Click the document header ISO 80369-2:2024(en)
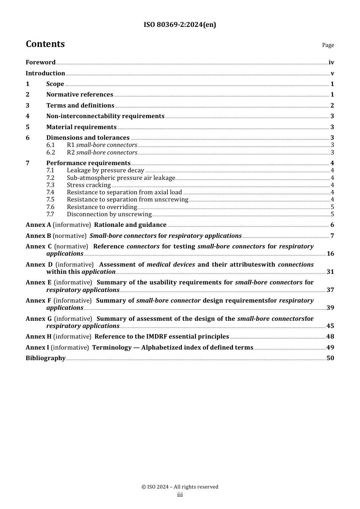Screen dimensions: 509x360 point(180,25)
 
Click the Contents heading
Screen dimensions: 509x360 point(45,44)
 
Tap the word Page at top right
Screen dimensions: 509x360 point(328,45)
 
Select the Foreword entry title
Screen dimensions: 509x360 point(41,62)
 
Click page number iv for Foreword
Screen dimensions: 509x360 point(331,62)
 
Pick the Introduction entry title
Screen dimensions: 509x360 point(45,73)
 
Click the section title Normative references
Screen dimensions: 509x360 point(80,95)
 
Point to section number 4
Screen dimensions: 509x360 point(28,116)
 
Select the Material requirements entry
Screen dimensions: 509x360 point(81,127)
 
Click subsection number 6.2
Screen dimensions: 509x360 point(51,153)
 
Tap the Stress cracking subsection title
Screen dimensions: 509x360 point(89,185)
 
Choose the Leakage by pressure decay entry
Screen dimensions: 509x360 point(105,170)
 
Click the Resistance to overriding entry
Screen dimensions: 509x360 point(102,207)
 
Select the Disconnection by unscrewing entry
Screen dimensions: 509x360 point(109,214)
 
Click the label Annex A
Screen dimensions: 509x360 point(38,225)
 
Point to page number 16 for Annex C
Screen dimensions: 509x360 point(330,254)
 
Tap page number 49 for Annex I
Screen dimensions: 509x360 point(330,348)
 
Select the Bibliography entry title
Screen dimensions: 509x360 point(45,358)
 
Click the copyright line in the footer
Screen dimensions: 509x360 point(180,487)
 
